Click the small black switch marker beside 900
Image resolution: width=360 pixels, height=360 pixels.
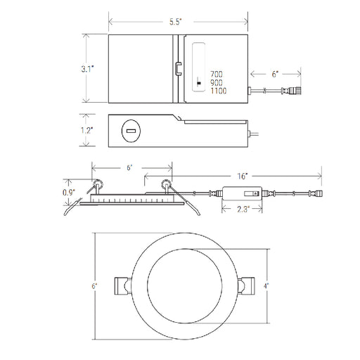pos(200,82)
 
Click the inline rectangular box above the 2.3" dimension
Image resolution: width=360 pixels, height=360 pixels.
pos(239,192)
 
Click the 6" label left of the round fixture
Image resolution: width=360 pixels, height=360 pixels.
pos(94,286)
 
